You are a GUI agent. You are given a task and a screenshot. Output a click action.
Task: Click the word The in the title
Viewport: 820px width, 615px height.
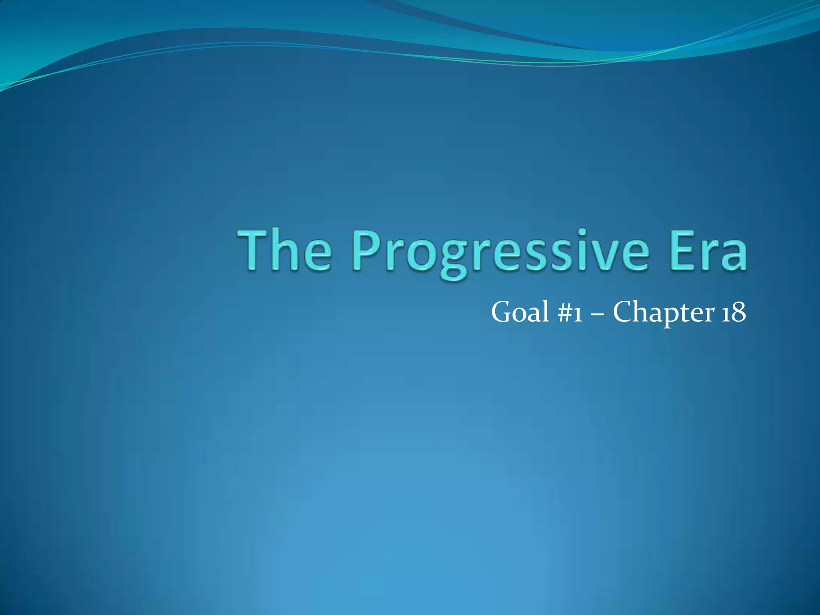[285, 251]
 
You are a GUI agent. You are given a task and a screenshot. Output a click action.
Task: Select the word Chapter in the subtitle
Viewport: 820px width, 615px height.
[663, 313]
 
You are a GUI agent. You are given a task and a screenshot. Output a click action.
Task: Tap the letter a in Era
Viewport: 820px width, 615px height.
[733, 256]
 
